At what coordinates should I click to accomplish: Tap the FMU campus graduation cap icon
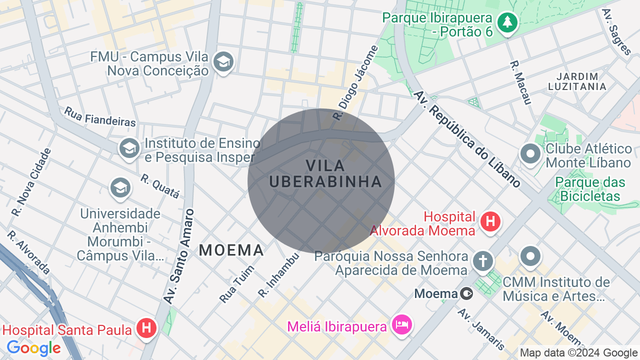tap(223, 62)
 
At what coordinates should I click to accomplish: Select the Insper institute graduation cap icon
tap(129, 148)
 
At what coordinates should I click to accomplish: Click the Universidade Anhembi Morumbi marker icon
tap(120, 188)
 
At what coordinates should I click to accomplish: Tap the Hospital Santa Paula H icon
tap(146, 328)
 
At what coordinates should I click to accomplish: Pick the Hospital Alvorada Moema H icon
tap(490, 221)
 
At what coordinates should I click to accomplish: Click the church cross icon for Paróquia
tap(483, 261)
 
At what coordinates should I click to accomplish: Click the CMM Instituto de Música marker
tap(530, 257)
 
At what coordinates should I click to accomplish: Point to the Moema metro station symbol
tap(466, 293)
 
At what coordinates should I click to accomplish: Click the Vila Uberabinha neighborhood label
tap(325, 173)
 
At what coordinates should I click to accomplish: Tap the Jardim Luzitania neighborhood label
tap(577, 81)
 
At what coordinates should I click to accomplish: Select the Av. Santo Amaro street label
tap(178, 256)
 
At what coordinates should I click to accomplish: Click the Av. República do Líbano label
tap(468, 139)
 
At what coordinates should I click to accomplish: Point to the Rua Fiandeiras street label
tap(100, 116)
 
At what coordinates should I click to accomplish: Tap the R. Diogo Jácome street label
tap(356, 83)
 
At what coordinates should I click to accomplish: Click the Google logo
tap(33, 348)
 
